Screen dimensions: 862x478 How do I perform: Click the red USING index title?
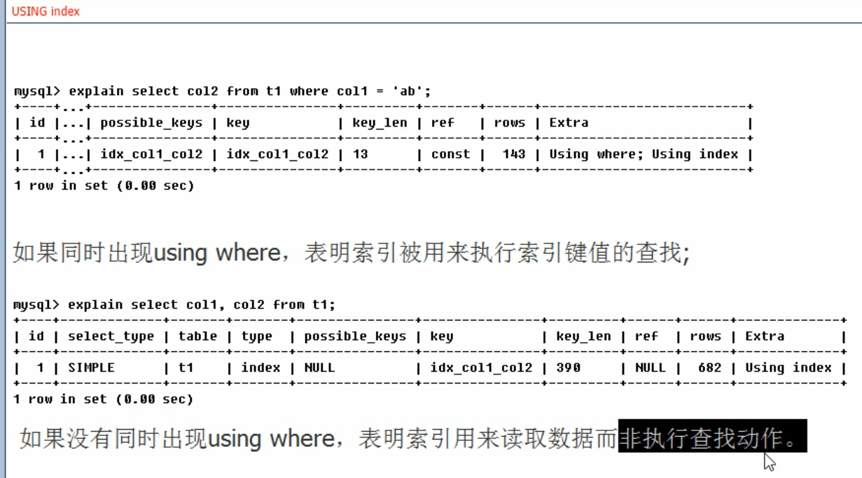46,11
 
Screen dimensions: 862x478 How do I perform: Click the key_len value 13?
360,154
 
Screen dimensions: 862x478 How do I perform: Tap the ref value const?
450,154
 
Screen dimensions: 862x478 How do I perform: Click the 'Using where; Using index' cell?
643,154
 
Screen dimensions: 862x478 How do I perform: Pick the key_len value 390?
568,367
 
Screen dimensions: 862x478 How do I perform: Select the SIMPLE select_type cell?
91,367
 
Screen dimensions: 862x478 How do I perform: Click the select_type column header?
111,336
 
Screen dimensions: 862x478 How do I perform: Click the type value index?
260,367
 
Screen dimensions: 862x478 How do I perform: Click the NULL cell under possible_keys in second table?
319,367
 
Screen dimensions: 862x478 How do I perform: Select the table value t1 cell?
186,367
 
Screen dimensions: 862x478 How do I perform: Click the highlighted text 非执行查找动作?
711,438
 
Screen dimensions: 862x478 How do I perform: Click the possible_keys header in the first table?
151,122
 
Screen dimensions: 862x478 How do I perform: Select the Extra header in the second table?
764,336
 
